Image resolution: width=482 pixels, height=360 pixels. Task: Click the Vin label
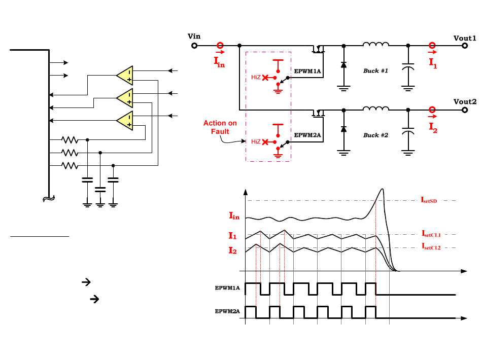tap(194, 36)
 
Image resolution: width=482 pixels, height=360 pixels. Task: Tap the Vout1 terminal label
tap(464, 38)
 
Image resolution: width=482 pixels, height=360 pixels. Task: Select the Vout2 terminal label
tap(465, 102)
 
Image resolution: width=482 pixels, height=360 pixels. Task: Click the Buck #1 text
tap(375, 70)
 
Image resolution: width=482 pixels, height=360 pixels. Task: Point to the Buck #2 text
tap(375, 135)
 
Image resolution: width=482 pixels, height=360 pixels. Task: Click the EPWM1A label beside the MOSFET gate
tap(307, 71)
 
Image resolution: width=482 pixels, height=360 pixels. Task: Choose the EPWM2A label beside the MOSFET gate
tap(307, 135)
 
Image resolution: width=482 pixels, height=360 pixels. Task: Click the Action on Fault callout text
tap(220, 127)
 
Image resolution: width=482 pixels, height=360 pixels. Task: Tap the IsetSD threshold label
tap(429, 200)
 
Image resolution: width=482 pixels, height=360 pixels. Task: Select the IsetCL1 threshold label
tap(431, 234)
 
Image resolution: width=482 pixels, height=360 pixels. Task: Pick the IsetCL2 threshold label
tap(431, 246)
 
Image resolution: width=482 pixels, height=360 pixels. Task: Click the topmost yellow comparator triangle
tap(125, 75)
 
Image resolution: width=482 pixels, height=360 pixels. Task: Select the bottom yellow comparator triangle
tap(125, 120)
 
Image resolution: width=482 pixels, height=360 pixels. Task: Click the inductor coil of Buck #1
tap(375, 44)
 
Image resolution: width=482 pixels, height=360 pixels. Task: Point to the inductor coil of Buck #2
tap(375, 109)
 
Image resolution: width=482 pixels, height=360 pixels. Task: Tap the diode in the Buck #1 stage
tap(343, 65)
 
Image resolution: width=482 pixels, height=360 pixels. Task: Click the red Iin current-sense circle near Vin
tap(220, 46)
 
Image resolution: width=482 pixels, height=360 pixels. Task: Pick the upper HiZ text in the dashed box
tap(256, 77)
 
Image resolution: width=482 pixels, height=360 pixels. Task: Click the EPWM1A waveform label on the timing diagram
tap(227, 288)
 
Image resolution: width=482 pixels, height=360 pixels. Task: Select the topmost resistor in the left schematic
tap(70, 140)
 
